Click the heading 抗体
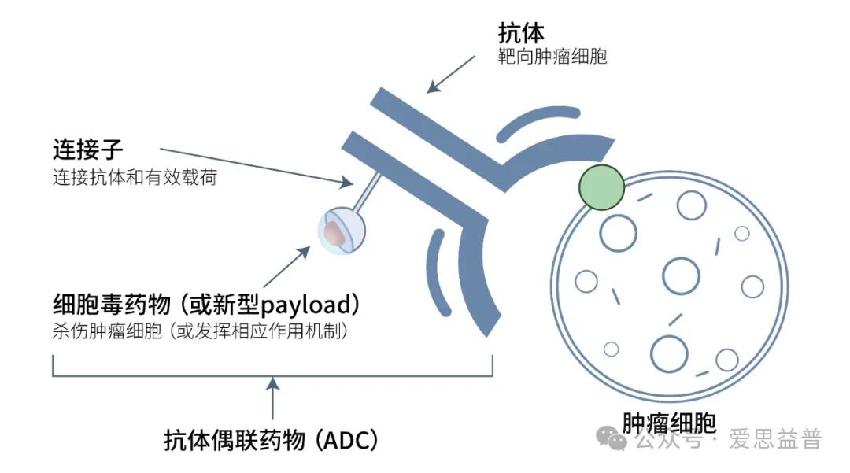point(521,33)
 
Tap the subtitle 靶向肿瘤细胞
point(552,57)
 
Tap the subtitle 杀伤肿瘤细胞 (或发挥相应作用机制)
point(200,331)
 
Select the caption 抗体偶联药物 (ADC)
point(272,439)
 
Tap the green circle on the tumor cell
point(601,186)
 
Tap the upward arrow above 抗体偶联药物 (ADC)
point(272,397)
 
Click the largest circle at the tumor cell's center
point(681,275)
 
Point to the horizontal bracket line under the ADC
point(272,376)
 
